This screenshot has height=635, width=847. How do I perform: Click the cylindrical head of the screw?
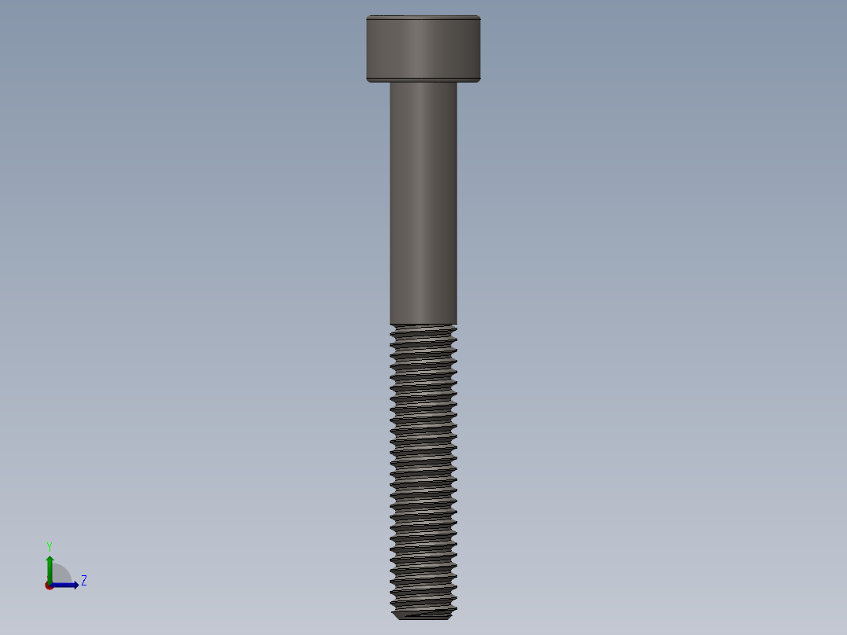(x=423, y=47)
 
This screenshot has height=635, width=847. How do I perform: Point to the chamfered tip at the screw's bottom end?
(x=423, y=615)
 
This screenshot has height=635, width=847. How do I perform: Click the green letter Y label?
(x=49, y=545)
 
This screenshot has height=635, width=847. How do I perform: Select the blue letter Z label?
(x=83, y=581)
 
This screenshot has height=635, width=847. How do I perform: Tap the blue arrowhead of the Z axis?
(x=75, y=585)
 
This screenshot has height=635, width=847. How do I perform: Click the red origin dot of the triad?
(x=49, y=585)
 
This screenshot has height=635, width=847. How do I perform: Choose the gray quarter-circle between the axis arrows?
(x=61, y=574)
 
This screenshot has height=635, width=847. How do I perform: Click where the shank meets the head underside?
(x=423, y=83)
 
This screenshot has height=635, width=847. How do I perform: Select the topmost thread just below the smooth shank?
(x=423, y=329)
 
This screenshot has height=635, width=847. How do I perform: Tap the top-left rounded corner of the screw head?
(x=368, y=17)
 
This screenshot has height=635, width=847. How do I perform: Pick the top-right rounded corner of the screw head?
(x=478, y=17)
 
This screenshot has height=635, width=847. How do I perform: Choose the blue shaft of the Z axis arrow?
(x=63, y=585)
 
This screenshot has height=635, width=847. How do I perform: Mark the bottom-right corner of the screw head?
(x=478, y=79)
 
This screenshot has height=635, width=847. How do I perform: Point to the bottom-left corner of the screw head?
(x=368, y=79)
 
